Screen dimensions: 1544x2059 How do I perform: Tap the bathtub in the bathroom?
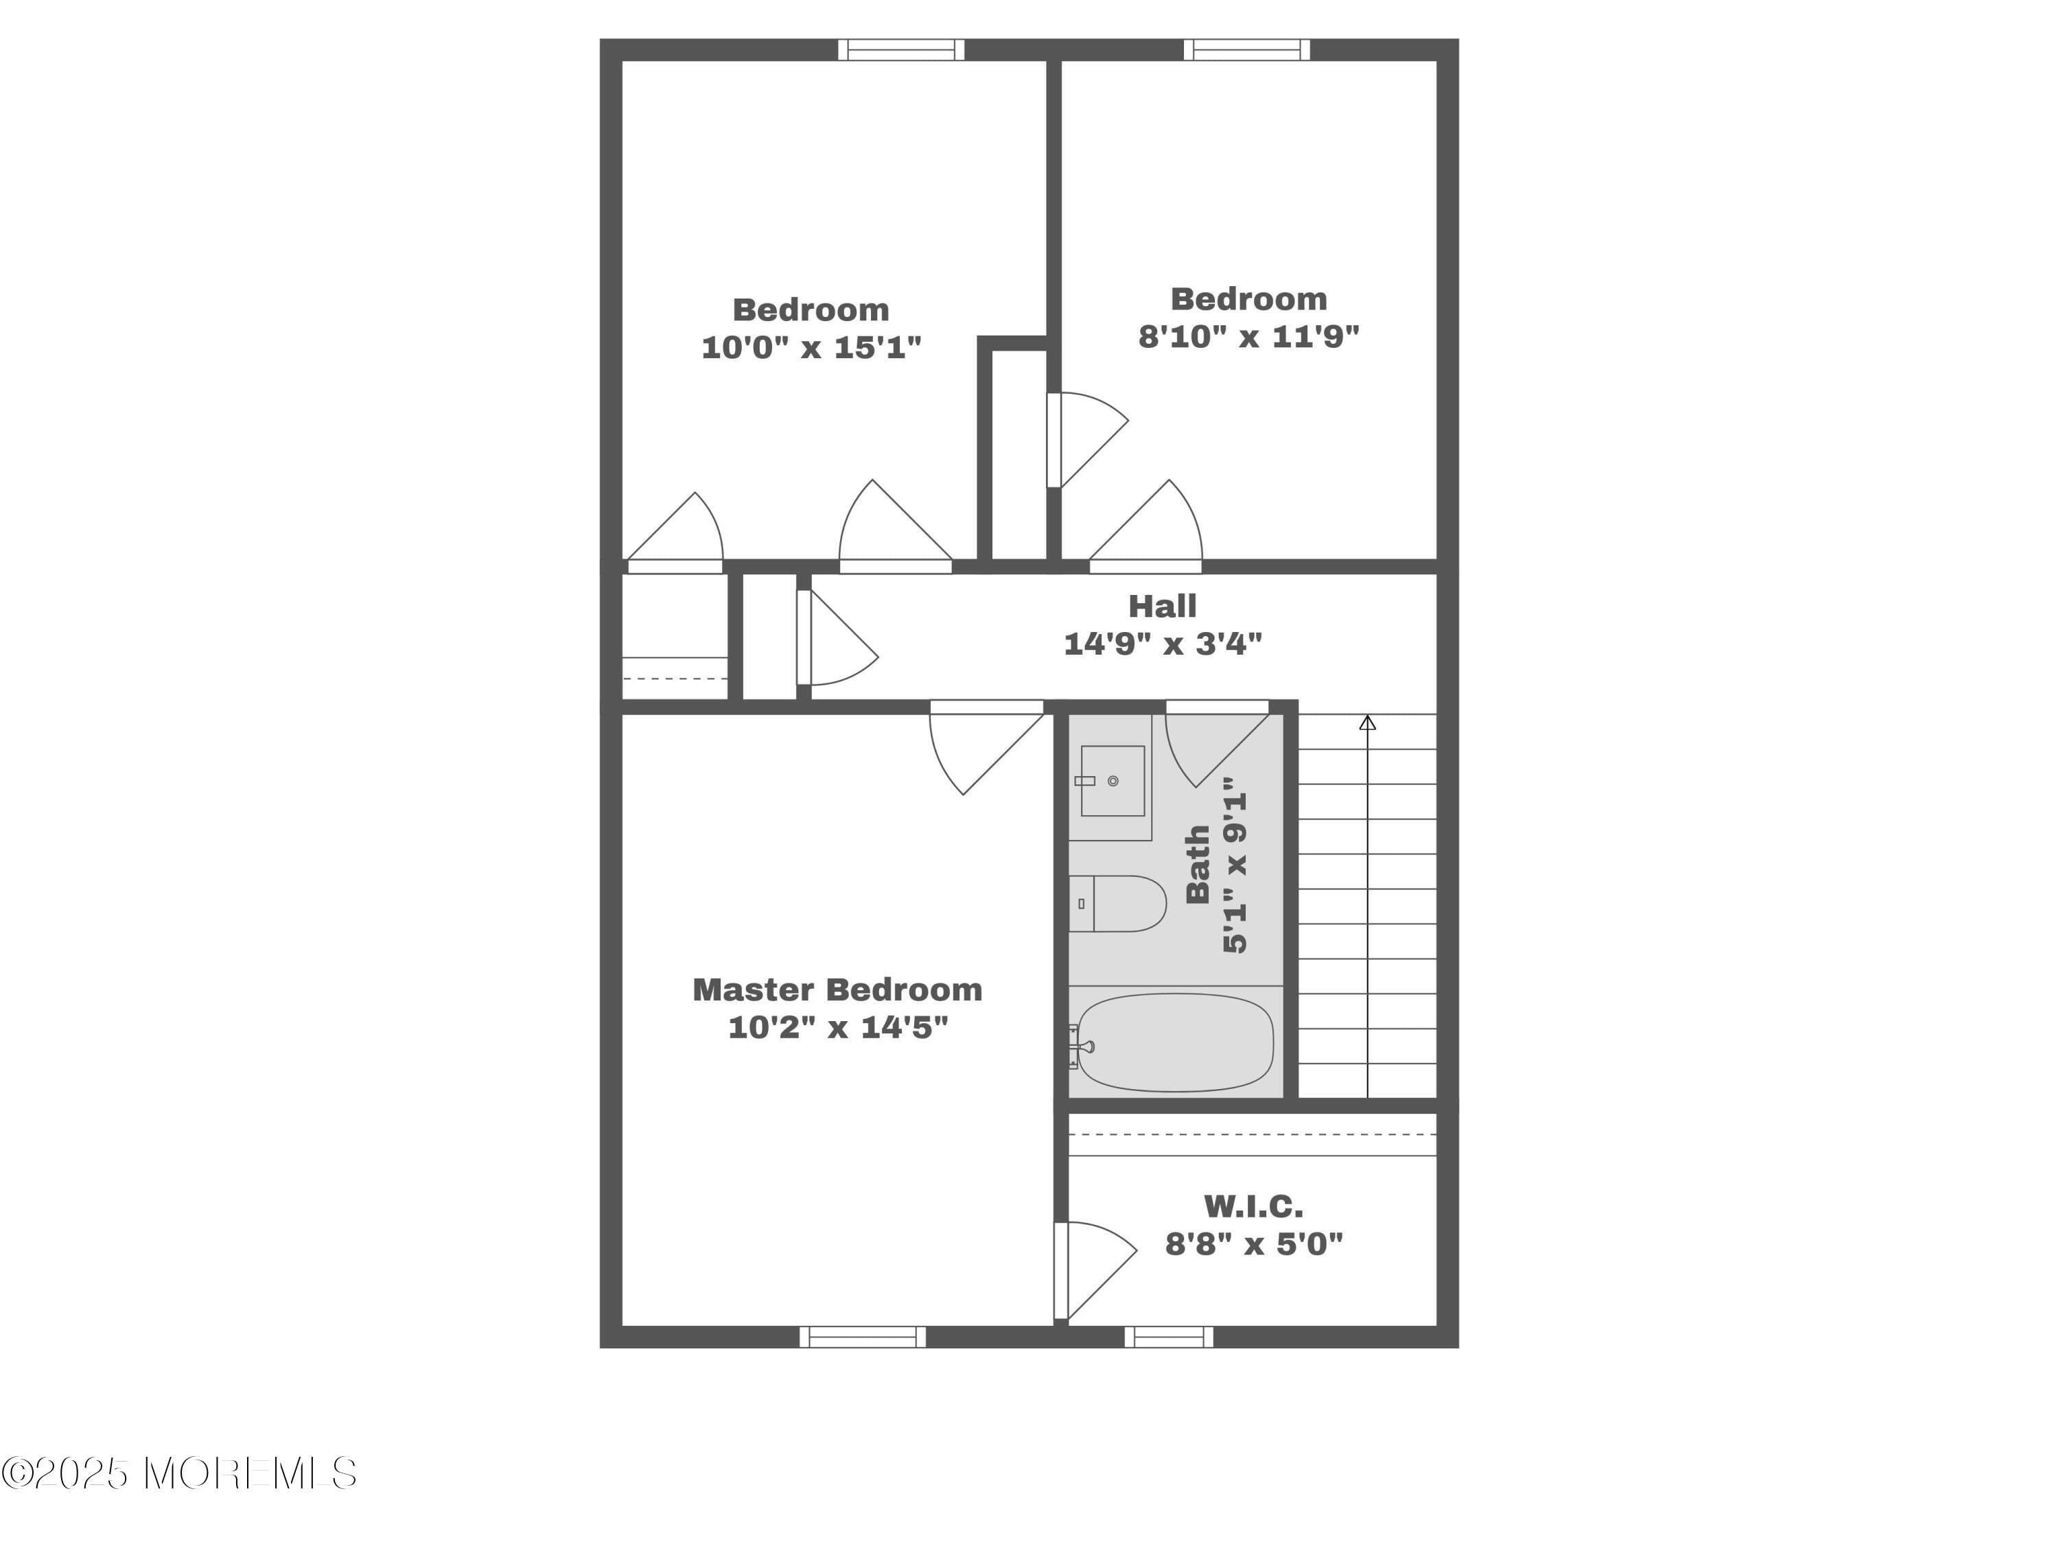pyautogui.click(x=1175, y=1042)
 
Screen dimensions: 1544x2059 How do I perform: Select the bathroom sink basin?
pyautogui.click(x=1113, y=781)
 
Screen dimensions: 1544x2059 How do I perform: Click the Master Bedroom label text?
pyautogui.click(x=837, y=990)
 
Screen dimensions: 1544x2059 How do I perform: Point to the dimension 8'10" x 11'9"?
pyautogui.click(x=1248, y=336)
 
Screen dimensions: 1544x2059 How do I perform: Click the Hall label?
pyautogui.click(x=1162, y=606)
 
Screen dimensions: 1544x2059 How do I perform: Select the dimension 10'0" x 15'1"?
pyautogui.click(x=811, y=347)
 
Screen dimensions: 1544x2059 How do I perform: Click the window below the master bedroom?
pyautogui.click(x=862, y=1337)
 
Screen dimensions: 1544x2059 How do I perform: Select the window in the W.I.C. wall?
pyautogui.click(x=1168, y=1337)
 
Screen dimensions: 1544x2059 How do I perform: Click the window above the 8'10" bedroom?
pyautogui.click(x=1246, y=49)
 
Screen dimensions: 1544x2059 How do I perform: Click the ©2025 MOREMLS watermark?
pyautogui.click(x=178, y=1473)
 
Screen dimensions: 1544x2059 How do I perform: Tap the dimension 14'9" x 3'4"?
pyautogui.click(x=1163, y=643)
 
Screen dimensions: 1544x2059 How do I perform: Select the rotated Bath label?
pyautogui.click(x=1197, y=864)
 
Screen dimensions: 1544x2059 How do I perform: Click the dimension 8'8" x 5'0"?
pyautogui.click(x=1254, y=1243)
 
